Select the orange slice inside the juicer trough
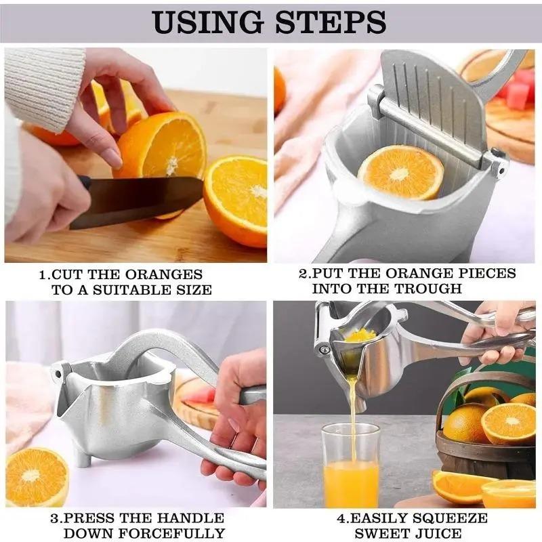point(400,173)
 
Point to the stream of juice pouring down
point(353,406)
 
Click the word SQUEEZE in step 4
point(452,518)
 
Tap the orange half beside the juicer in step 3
point(37,477)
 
